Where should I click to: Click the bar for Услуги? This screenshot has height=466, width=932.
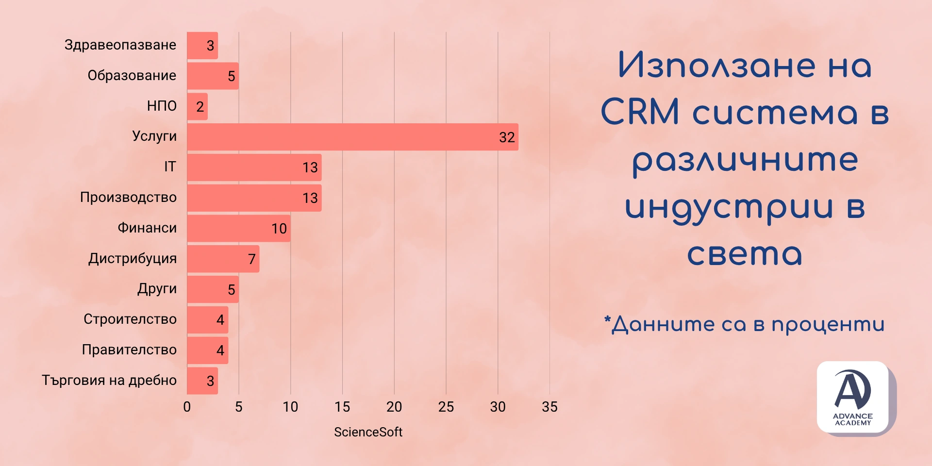[x=352, y=137]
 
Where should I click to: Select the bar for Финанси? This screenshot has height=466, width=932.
[x=238, y=228]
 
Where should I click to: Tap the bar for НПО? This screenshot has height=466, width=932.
[x=197, y=107]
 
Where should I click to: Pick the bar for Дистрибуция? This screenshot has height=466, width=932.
[x=223, y=259]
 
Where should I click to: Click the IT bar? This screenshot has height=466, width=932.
[x=254, y=167]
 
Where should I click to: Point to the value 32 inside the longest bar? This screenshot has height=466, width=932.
[x=507, y=137]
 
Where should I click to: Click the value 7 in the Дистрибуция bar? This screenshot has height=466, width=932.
[x=251, y=259]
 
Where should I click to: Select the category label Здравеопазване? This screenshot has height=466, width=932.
[x=120, y=45]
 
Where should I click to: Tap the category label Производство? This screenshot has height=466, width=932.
[x=128, y=197]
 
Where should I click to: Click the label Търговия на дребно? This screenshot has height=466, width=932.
[x=109, y=380]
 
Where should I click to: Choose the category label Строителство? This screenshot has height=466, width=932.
[x=130, y=319]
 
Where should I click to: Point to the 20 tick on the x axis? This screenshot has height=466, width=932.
[x=394, y=407]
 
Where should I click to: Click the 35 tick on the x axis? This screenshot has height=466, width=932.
[x=549, y=407]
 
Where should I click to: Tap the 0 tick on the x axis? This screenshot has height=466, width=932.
[x=187, y=407]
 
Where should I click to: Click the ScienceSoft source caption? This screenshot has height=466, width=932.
[x=368, y=432]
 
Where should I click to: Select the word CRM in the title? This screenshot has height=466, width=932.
[x=640, y=112]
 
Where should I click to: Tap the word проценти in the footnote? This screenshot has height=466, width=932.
[x=828, y=325]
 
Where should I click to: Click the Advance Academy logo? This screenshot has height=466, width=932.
[x=853, y=397]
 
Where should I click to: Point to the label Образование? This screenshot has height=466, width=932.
[x=132, y=75]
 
